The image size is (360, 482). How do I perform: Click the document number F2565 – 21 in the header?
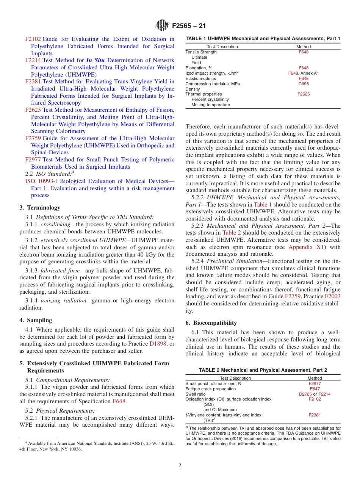pyautogui.click(x=189, y=26)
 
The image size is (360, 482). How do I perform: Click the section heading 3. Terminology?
pyautogui.click(x=40, y=208)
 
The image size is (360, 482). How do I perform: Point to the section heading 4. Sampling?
pyautogui.click(x=36, y=320)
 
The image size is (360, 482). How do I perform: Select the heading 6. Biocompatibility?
pyautogui.click(x=211, y=323)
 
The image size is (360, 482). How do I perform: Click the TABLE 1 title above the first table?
pyautogui.click(x=263, y=39)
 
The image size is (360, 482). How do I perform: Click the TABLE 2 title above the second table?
pyautogui.click(x=263, y=370)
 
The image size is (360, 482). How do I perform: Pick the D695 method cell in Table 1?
pyautogui.click(x=303, y=84)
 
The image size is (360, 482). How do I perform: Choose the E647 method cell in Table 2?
pyautogui.click(x=315, y=389)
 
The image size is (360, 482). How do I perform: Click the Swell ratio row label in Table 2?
pyautogui.click(x=196, y=394)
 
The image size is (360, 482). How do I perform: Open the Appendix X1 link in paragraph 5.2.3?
pyautogui.click(x=306, y=247)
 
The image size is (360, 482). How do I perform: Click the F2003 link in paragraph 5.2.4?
pyautogui.click(x=332, y=297)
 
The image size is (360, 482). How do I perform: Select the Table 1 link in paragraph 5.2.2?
pyautogui.click(x=263, y=204)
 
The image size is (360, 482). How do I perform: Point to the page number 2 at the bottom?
pyautogui.click(x=180, y=466)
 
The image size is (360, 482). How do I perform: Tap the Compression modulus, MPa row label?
pyautogui.click(x=213, y=84)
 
